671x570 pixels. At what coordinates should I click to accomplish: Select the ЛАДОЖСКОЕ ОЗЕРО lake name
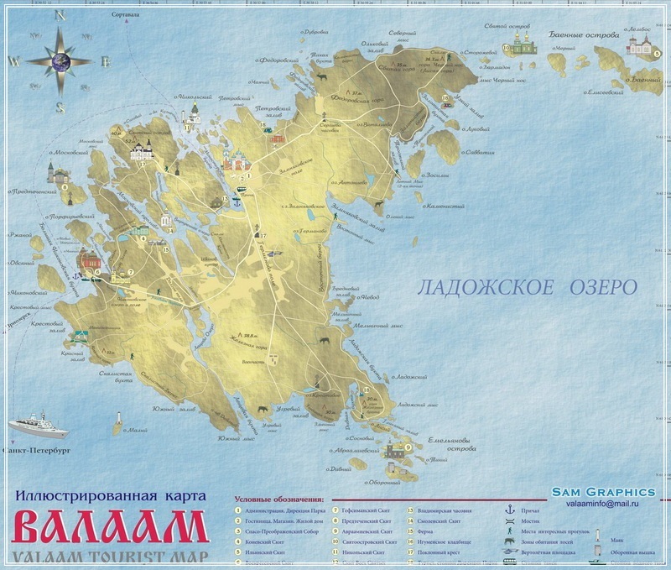(x=527, y=287)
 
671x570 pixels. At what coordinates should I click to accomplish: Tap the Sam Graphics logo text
(x=603, y=491)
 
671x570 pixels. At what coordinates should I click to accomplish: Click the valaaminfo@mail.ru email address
(x=603, y=504)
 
